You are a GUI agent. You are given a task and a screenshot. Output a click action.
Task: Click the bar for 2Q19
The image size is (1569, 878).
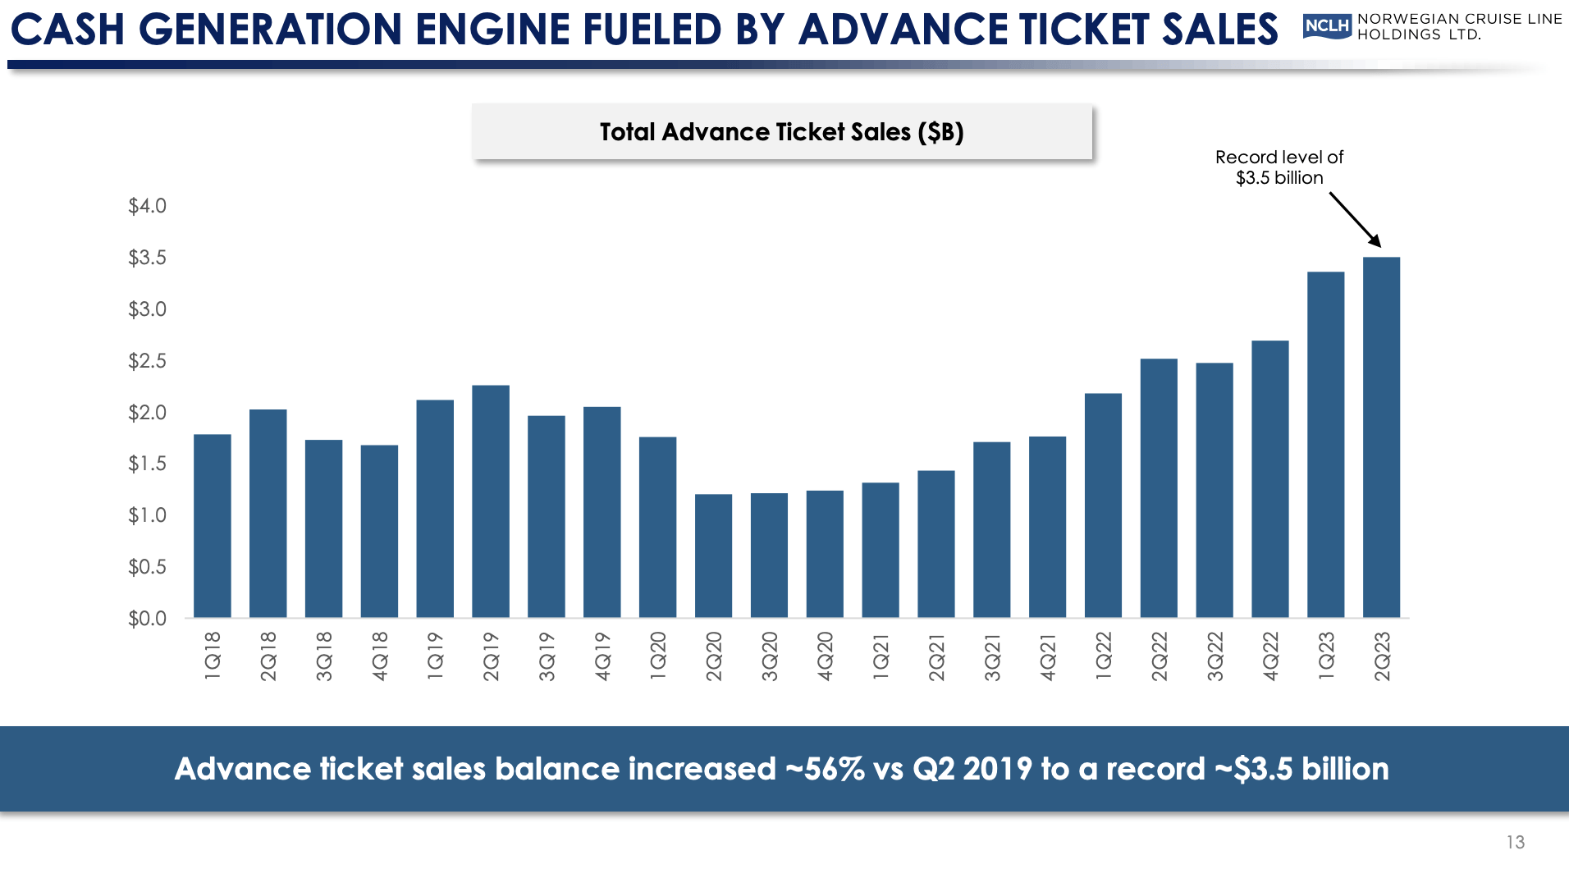(x=491, y=501)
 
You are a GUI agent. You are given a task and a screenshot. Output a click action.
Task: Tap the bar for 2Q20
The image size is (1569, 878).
(x=713, y=556)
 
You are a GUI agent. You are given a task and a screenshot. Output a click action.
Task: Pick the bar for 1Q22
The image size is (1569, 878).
(x=1103, y=505)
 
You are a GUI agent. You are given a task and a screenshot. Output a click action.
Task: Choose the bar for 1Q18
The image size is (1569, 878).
(x=213, y=526)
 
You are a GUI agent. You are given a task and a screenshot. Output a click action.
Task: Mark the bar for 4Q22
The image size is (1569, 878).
(x=1270, y=479)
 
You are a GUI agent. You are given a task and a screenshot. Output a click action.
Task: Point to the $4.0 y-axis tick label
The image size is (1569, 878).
(x=147, y=206)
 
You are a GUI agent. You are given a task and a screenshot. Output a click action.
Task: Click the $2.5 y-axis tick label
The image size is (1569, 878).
(x=147, y=361)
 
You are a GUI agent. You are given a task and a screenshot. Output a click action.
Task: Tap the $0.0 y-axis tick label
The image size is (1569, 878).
(x=147, y=619)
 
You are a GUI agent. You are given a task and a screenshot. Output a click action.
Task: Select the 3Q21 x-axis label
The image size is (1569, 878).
(x=992, y=656)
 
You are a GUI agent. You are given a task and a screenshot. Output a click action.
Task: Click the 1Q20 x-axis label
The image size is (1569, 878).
(x=658, y=656)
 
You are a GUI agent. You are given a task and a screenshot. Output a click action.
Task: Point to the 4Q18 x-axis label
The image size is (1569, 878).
(x=379, y=656)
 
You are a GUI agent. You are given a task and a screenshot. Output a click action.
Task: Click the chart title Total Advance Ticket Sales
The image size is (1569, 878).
(x=781, y=132)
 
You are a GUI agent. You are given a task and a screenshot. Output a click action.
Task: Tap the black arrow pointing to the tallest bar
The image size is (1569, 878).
(x=1355, y=219)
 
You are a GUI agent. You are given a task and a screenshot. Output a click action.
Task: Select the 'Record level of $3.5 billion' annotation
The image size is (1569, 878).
(x=1279, y=167)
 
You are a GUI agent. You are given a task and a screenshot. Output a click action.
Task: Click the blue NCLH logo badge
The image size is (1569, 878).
(x=1327, y=26)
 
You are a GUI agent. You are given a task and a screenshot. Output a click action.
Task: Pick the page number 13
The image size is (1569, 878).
(x=1515, y=842)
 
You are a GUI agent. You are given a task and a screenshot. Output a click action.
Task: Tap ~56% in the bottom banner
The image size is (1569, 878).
(x=825, y=769)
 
